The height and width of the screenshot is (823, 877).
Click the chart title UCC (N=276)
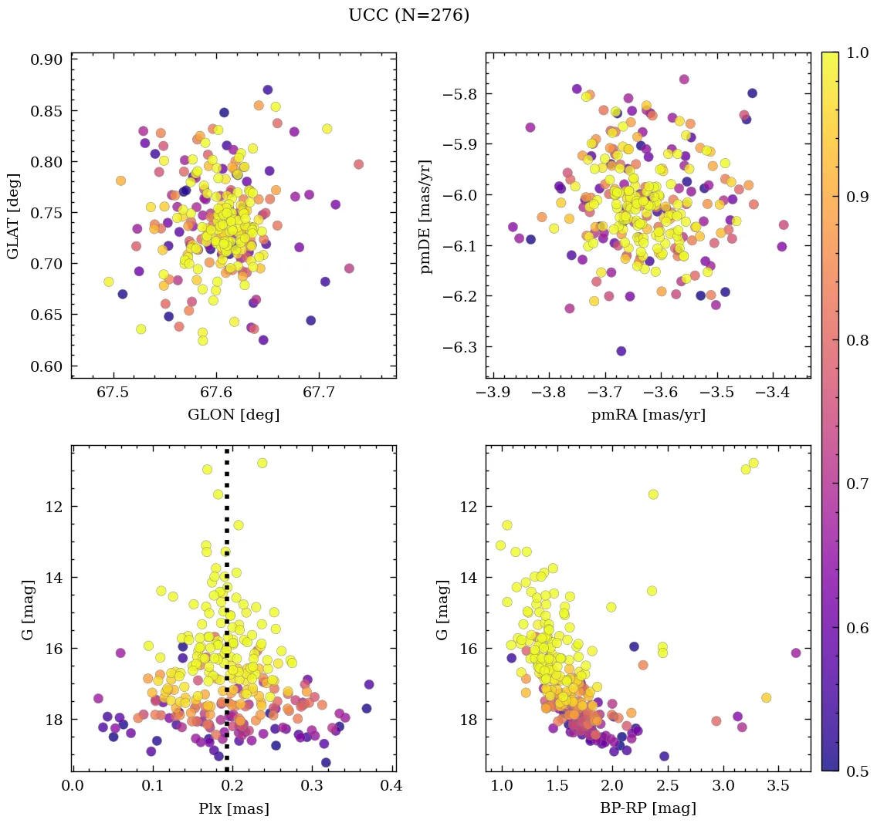408,15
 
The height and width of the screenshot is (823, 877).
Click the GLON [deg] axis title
233,415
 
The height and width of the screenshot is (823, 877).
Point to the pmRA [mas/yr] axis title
648,415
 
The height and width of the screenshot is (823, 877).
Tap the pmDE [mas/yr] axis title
425,216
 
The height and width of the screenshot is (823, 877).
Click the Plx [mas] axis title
233,808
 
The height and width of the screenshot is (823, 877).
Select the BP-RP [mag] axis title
648,808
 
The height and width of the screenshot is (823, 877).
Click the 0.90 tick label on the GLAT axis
46,60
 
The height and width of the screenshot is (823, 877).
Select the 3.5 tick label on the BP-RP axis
778,788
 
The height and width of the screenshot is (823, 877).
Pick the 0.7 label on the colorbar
856,484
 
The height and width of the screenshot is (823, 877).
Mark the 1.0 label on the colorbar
856,52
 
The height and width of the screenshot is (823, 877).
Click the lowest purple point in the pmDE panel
621,351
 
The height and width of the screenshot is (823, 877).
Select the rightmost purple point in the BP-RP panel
796,653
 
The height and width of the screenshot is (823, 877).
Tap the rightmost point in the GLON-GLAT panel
358,164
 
